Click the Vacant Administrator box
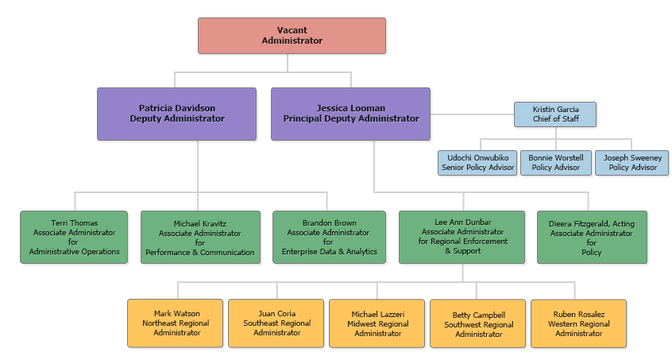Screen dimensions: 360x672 coord(292,36)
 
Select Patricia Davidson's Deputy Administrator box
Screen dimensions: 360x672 coord(176,114)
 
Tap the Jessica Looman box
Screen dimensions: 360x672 coord(350,114)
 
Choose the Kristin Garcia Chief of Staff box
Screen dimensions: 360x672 coord(554,114)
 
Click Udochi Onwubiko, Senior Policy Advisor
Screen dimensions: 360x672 coord(477,162)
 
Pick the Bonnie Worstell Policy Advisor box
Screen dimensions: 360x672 coord(555,162)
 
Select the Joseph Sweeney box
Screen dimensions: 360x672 coord(632,162)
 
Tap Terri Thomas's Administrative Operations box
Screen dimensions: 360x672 coord(74,237)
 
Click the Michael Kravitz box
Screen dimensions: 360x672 coord(200,237)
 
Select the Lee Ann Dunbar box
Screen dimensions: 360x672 coord(462,237)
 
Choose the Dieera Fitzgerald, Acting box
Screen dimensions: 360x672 coord(592,237)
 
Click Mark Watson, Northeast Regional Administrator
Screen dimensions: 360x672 coord(176,323)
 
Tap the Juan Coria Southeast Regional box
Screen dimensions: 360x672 coord(276,323)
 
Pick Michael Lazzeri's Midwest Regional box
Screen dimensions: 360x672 coord(377,323)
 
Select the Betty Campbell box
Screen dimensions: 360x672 coord(478,323)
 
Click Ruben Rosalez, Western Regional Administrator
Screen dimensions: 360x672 coord(578,323)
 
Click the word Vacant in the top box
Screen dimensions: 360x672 coord(292,30)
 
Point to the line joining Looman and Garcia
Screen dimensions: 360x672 coord(472,114)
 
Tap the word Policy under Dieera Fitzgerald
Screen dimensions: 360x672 coord(591,253)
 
